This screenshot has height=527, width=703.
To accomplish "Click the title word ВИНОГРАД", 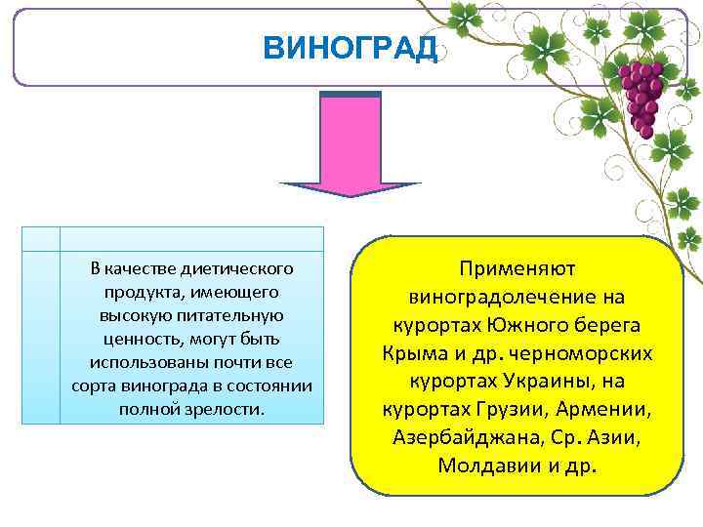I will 351,50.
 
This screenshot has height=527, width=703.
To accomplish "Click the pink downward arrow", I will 351,142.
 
